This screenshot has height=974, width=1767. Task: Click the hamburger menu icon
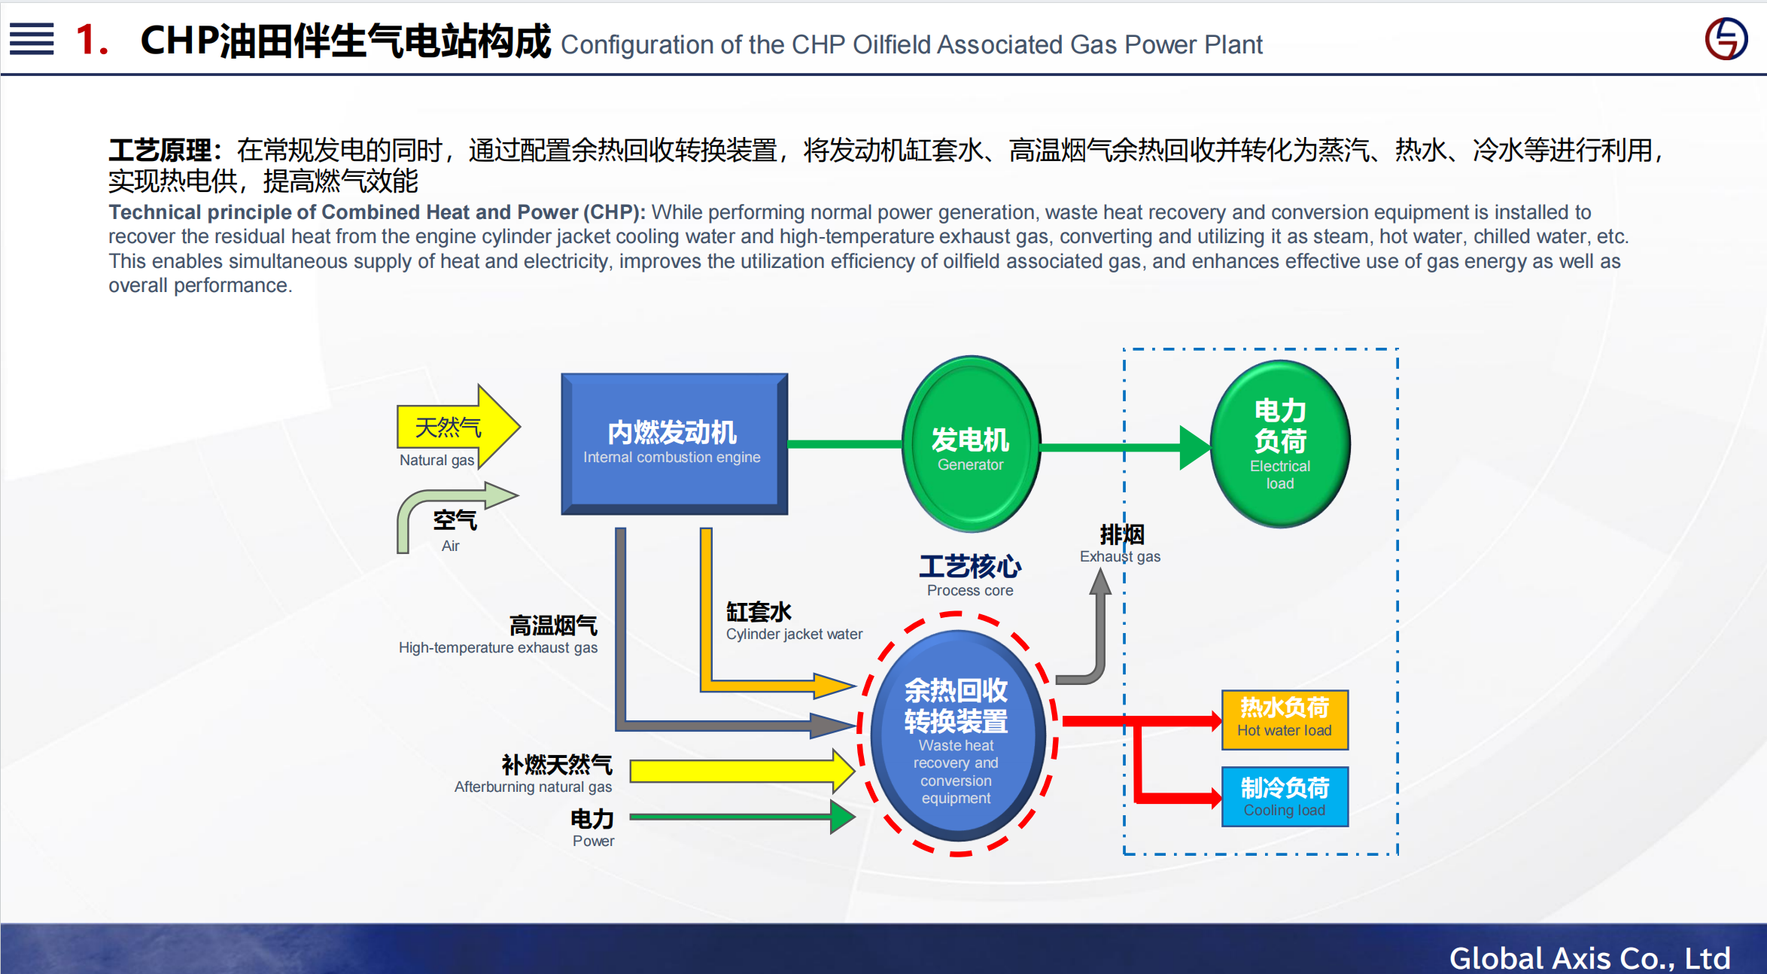pos(32,38)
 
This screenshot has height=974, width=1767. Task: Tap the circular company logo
pos(1726,39)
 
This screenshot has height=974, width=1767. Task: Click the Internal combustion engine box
pos(674,443)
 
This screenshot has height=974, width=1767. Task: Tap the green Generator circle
pos(970,444)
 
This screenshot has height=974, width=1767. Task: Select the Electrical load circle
pos(1279,444)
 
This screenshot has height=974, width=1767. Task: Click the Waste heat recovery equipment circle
pos(956,735)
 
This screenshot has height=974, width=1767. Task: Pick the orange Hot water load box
pos(1284,720)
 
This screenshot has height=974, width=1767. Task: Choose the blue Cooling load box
pos(1284,796)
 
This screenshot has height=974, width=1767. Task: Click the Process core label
pos(969,575)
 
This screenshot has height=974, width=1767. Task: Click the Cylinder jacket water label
pos(793,622)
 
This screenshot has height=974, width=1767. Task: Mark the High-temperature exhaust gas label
pos(498,635)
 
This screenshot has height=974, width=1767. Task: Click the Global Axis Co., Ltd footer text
pos(1589,957)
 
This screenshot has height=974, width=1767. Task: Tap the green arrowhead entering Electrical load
pos(1194,447)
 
